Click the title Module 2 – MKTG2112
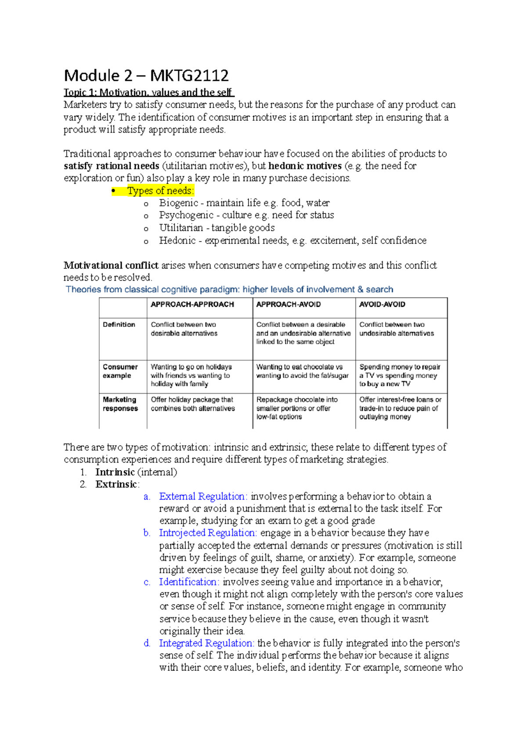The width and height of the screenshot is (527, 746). point(146,76)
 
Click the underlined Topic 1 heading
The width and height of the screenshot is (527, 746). point(148,93)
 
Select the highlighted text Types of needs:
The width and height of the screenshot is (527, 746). point(160,191)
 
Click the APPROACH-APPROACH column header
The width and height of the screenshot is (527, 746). point(192,304)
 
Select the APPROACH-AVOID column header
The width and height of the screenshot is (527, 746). point(289,304)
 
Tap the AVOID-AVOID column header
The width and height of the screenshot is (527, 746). point(382,304)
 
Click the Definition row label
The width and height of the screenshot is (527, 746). point(119,325)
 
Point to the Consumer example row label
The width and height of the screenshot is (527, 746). point(120,371)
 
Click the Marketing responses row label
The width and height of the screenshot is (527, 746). point(120,404)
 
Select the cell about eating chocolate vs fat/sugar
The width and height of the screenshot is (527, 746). point(303,371)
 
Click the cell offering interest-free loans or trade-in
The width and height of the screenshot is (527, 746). point(400,408)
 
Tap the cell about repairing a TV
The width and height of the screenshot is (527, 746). point(400,375)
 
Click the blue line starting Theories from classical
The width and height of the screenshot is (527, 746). point(229,290)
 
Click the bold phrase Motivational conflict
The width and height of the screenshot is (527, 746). point(111,265)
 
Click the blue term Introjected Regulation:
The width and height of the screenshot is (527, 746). point(208,533)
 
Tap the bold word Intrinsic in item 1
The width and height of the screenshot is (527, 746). point(115,472)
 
